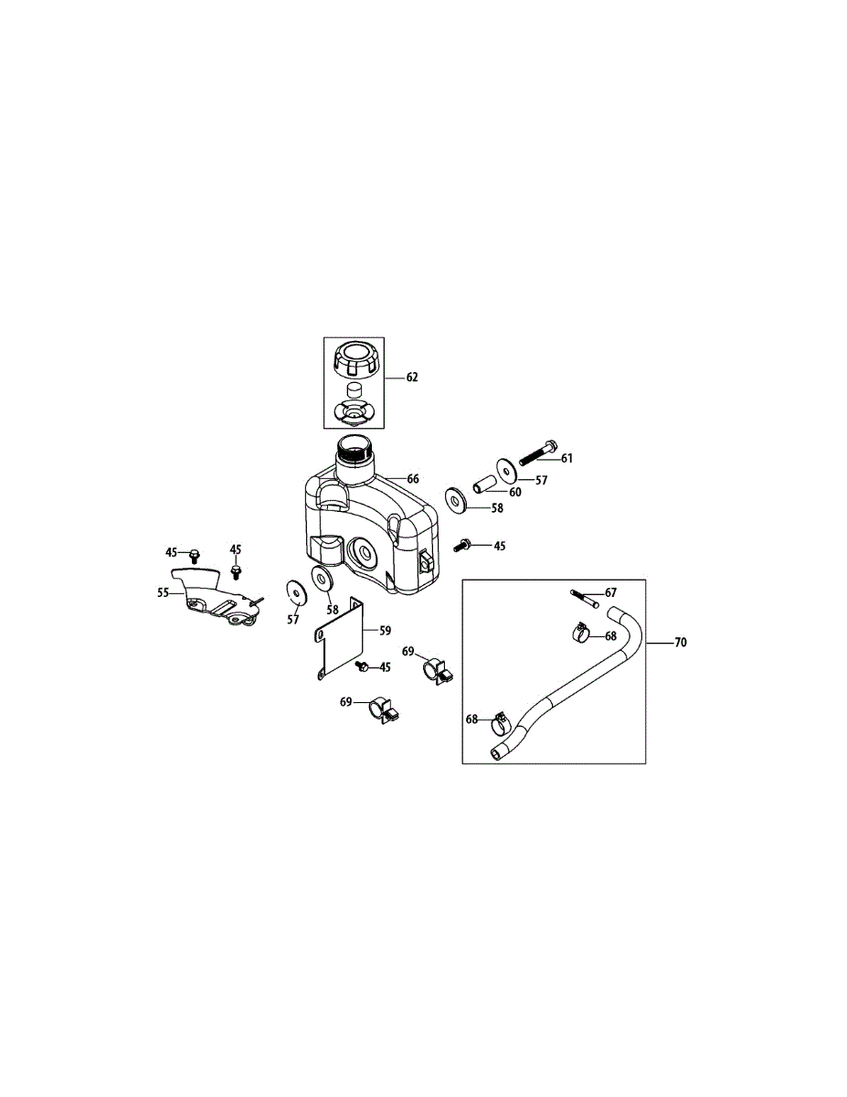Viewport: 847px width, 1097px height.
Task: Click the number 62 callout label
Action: pyautogui.click(x=412, y=378)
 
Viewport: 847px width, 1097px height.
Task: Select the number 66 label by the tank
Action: pyautogui.click(x=413, y=479)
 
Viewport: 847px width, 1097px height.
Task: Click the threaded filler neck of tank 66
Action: pyautogui.click(x=355, y=450)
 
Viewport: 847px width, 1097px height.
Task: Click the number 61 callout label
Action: pyautogui.click(x=566, y=458)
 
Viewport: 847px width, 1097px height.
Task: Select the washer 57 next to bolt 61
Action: pyautogui.click(x=507, y=467)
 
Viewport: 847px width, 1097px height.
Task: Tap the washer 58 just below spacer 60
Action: pyautogui.click(x=455, y=498)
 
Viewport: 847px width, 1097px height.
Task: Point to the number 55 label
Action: pyautogui.click(x=164, y=592)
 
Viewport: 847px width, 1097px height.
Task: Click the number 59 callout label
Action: pyautogui.click(x=385, y=630)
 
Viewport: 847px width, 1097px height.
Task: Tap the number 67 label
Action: pyautogui.click(x=611, y=592)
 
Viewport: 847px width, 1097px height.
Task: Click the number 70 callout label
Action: pyautogui.click(x=680, y=643)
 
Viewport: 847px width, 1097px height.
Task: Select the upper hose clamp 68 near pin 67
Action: pyautogui.click(x=577, y=631)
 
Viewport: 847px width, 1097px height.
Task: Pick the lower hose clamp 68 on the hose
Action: pyautogui.click(x=499, y=723)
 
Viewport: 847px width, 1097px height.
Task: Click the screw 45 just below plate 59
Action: pyautogui.click(x=362, y=667)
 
